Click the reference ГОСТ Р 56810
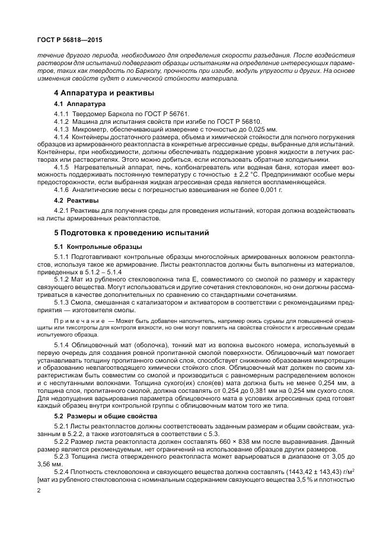215,121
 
